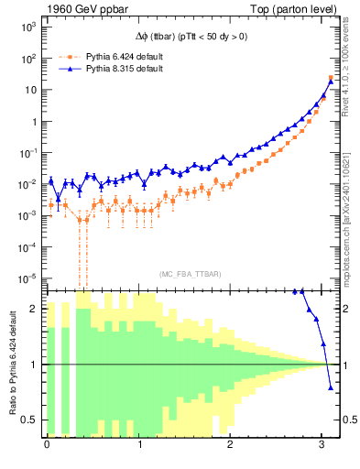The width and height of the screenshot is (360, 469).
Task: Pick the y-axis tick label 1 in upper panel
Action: pyautogui.click(x=32, y=122)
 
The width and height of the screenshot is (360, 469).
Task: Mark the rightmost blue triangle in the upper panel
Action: pyautogui.click(x=331, y=81)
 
